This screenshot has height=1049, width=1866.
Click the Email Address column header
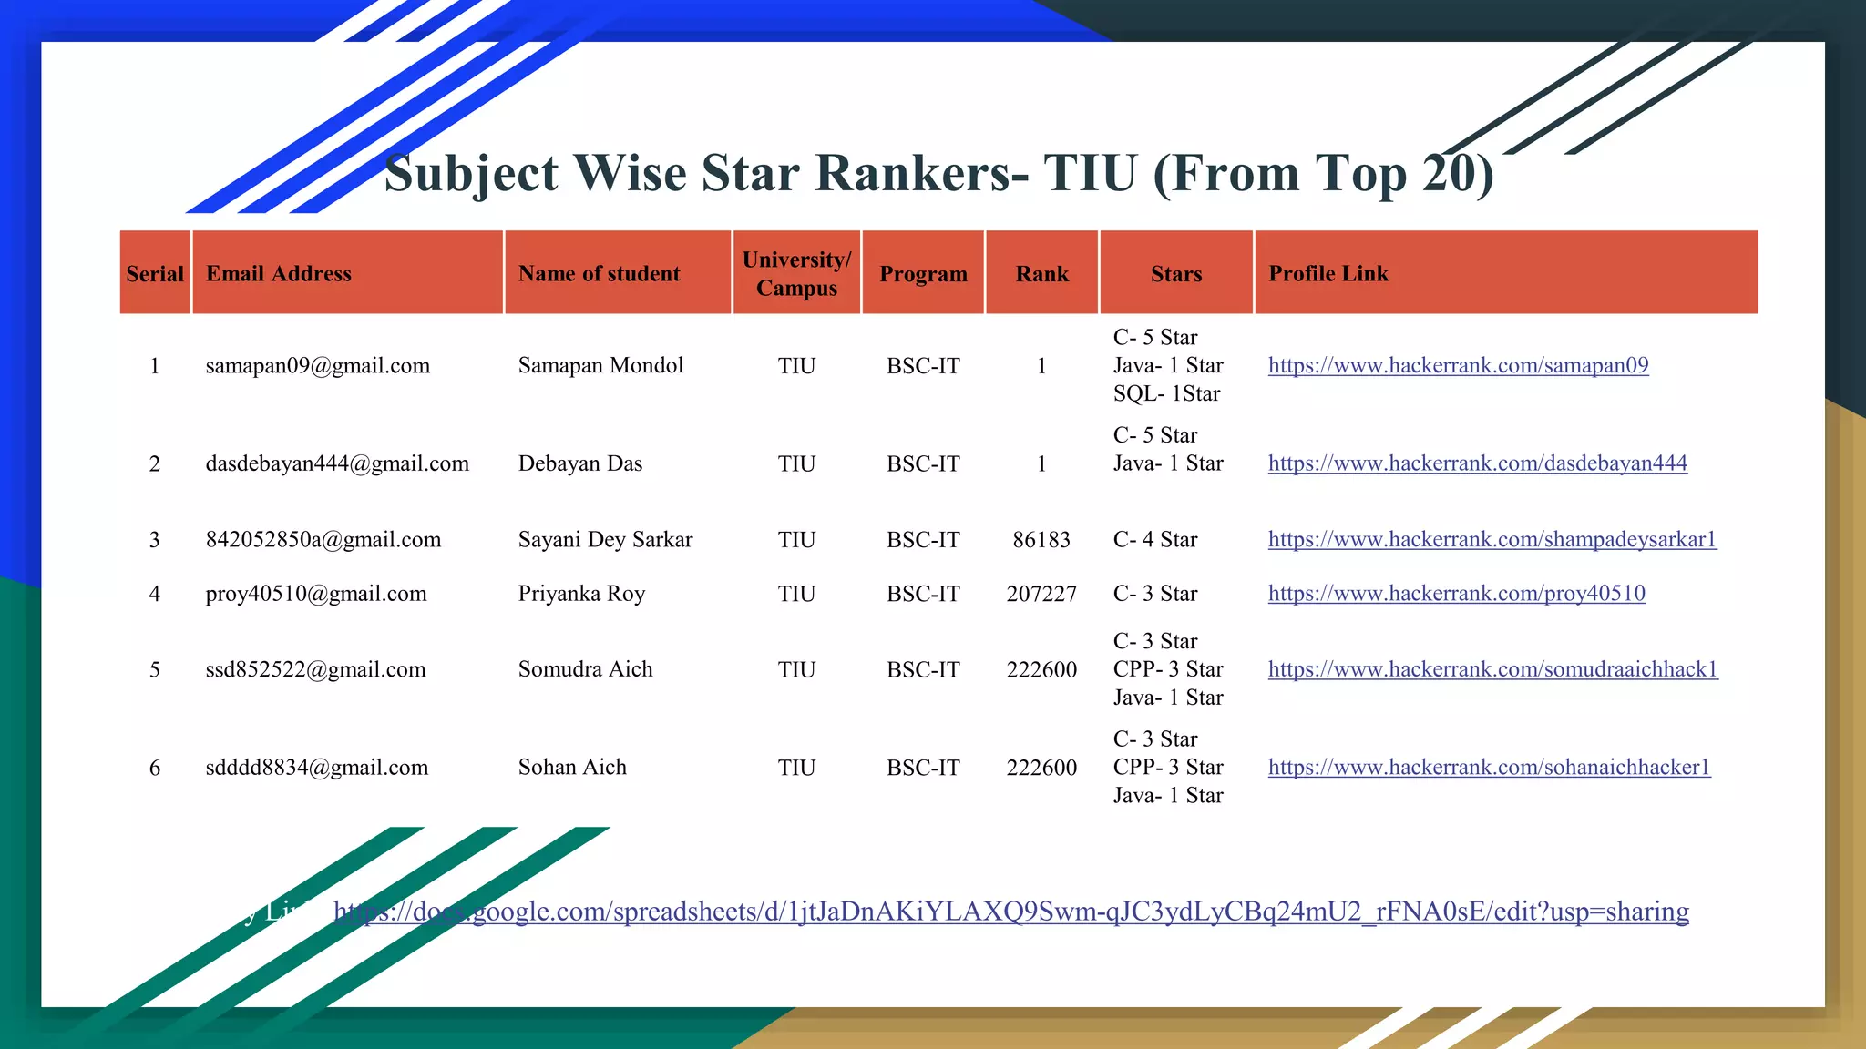coord(279,273)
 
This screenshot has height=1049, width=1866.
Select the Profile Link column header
coord(1328,273)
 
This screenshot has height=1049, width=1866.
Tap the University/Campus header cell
coord(796,273)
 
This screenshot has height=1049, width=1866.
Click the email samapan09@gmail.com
coord(317,366)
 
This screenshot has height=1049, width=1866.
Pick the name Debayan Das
coord(580,463)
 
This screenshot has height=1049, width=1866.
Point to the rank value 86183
coord(1041,540)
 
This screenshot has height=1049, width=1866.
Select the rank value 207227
coord(1041,594)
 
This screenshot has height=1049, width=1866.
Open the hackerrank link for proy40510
coord(1456,594)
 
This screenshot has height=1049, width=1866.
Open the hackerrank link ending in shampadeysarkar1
coord(1492,540)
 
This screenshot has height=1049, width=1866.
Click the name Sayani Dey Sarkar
coord(605,540)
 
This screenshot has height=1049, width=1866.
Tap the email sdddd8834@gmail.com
coord(316,768)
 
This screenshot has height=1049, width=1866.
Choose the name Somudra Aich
coord(585,669)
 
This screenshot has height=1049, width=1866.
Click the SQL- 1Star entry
coord(1166,393)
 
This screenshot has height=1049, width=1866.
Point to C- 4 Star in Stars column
coord(1155,540)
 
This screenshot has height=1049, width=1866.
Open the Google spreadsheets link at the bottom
coord(1011,912)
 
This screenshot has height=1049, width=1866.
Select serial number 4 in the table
coord(155,594)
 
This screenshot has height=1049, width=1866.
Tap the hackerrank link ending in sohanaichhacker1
coord(1489,768)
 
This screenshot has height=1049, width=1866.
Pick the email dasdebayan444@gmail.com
coord(337,463)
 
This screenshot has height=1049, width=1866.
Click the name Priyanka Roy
coord(581,594)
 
